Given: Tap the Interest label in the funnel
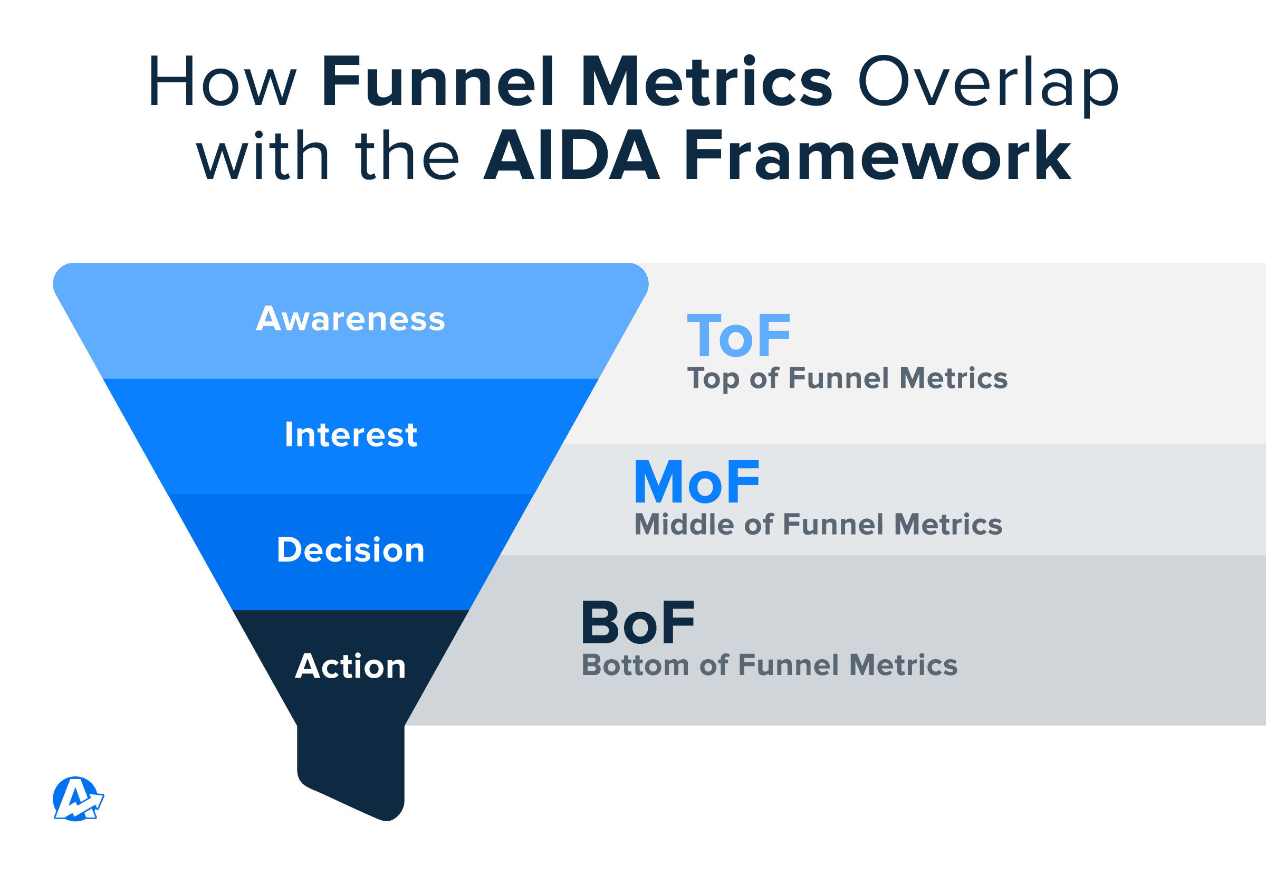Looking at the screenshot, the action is [351, 434].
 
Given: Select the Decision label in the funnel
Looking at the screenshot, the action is [351, 549].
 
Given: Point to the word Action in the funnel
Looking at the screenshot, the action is [350, 666].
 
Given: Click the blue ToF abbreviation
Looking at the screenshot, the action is [738, 335].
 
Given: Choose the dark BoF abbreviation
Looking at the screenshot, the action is [638, 622].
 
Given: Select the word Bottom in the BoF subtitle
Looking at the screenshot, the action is [636, 665].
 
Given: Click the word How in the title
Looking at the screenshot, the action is [222, 81].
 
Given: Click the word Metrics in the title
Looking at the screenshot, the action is [707, 81].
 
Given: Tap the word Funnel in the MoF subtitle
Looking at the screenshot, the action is [834, 524].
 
